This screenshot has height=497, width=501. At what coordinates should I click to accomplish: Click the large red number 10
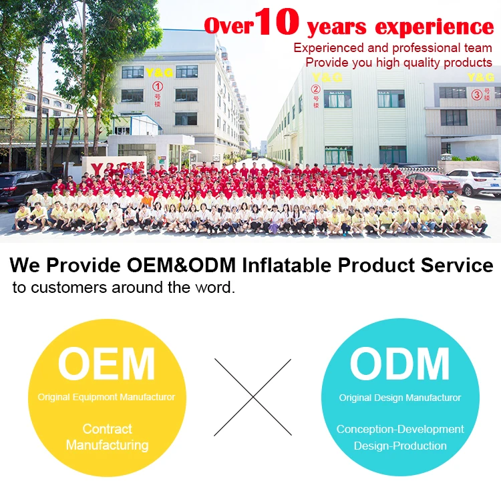pyautogui.click(x=277, y=21)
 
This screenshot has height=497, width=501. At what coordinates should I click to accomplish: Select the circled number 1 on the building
pyautogui.click(x=158, y=87)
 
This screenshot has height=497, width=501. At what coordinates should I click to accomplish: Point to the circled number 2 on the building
pyautogui.click(x=315, y=89)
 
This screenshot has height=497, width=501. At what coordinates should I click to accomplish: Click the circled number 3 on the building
pyautogui.click(x=477, y=95)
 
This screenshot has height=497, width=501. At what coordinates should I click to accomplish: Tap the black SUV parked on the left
pyautogui.click(x=25, y=187)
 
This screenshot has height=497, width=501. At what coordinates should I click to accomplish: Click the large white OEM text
pyautogui.click(x=106, y=364)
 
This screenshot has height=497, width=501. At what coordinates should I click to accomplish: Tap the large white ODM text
pyautogui.click(x=399, y=364)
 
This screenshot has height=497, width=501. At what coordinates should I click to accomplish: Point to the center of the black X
pyautogui.click(x=253, y=397)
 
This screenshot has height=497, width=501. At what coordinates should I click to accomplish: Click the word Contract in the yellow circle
pyautogui.click(x=108, y=429)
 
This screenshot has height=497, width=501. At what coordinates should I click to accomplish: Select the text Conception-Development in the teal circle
pyautogui.click(x=400, y=429)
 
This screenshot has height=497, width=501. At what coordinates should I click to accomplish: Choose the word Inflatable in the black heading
pyautogui.click(x=287, y=265)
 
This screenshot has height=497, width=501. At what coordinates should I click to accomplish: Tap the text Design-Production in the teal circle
pyautogui.click(x=400, y=446)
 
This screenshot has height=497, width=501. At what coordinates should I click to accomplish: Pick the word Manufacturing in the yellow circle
pyautogui.click(x=108, y=446)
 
